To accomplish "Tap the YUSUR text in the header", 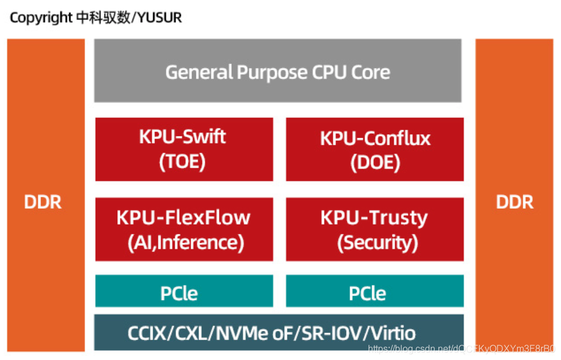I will [160, 18].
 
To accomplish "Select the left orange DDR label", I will [43, 202].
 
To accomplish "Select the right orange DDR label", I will [515, 202].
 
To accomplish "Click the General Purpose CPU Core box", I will [278, 72].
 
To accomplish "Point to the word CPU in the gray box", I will [328, 73].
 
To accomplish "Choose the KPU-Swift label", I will [183, 137].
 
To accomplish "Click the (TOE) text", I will [183, 162].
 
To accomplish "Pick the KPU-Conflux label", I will [375, 138].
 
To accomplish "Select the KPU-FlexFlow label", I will [183, 218].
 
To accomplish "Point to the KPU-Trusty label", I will [374, 218].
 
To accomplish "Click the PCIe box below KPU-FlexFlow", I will [184, 292].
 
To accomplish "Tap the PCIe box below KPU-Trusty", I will [374, 292].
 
